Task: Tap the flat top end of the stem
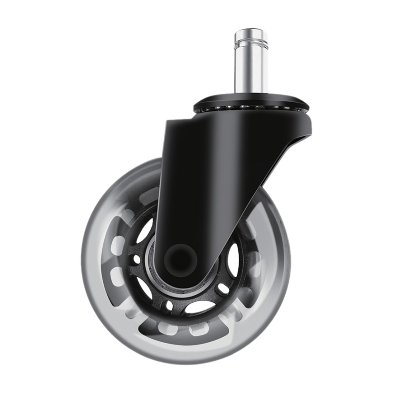(x=251, y=31)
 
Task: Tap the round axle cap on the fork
(x=180, y=259)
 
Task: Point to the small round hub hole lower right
(x=223, y=289)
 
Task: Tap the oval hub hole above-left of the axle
(x=144, y=231)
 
